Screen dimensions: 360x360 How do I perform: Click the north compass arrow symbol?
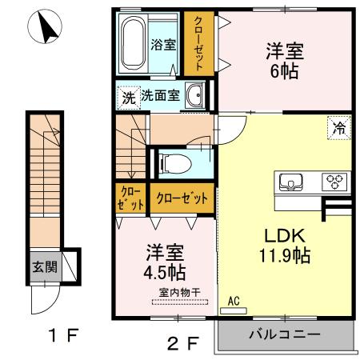click(45, 30)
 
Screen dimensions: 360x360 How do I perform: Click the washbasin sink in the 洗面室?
click(194, 96)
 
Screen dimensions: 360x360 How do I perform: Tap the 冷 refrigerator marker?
click(338, 126)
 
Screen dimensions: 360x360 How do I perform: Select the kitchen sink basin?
click(290, 182)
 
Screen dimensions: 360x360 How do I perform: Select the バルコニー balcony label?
click(283, 333)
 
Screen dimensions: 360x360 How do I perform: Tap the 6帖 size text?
click(286, 71)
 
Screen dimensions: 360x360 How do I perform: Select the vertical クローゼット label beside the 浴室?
click(196, 43)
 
